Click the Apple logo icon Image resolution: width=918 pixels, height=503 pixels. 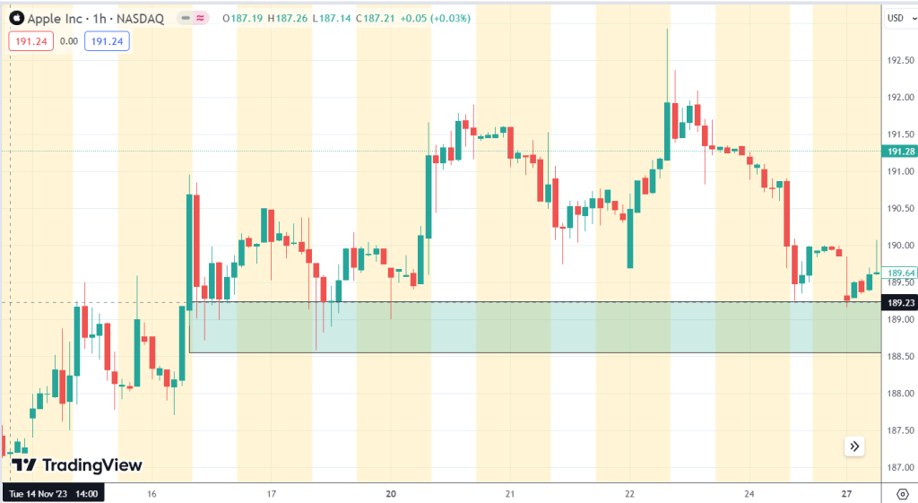click(16, 18)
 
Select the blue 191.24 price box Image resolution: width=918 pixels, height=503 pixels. click(107, 40)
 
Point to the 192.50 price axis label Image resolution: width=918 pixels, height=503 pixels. click(899, 61)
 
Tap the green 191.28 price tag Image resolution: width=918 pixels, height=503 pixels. click(899, 151)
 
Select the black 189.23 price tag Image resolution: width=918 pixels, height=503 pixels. click(899, 303)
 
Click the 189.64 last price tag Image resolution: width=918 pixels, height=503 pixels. click(899, 273)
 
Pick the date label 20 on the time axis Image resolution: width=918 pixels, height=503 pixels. click(391, 493)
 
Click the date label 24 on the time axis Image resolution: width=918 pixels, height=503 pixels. click(749, 493)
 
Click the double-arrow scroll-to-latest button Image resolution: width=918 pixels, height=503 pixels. click(853, 446)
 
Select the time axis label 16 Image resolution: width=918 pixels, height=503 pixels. click(152, 493)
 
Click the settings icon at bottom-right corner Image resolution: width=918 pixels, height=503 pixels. click(900, 493)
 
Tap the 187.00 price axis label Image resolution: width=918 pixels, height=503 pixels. click(899, 467)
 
